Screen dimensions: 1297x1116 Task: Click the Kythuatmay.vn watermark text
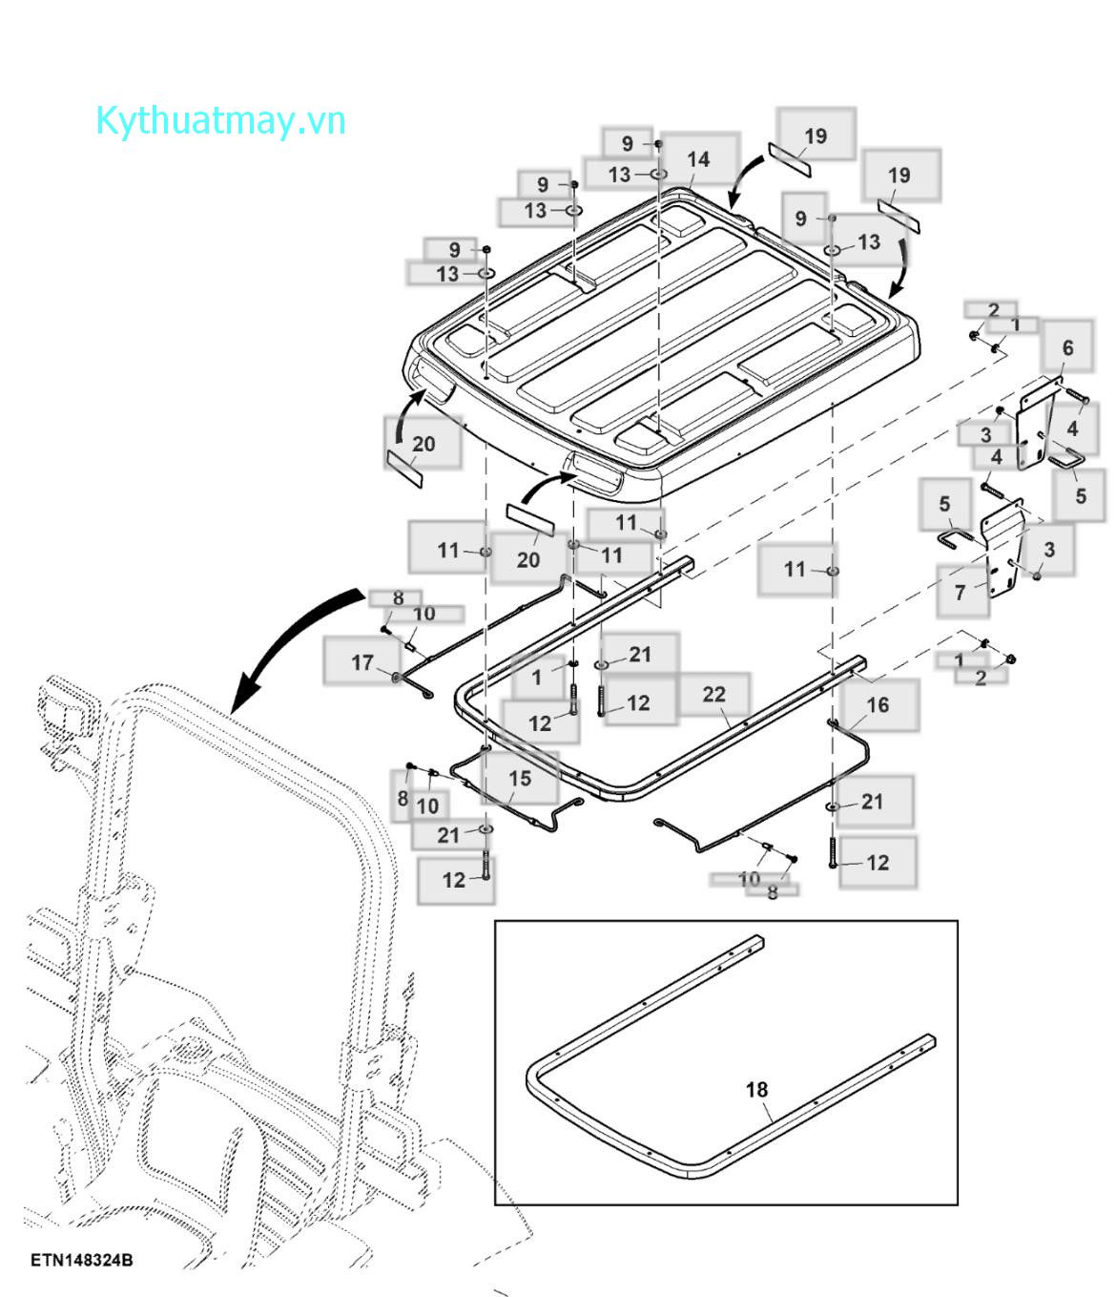pyautogui.click(x=220, y=122)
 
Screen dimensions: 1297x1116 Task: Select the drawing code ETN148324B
pyautogui.click(x=81, y=1260)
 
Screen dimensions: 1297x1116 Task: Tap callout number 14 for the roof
pyautogui.click(x=698, y=159)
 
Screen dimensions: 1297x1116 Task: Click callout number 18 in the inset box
pyautogui.click(x=756, y=1089)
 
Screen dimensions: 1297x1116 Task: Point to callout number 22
pyautogui.click(x=713, y=695)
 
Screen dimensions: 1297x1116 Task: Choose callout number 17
pyautogui.click(x=362, y=662)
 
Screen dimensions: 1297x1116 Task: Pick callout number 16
pyautogui.click(x=878, y=704)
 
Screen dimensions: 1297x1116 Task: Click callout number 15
pyautogui.click(x=519, y=778)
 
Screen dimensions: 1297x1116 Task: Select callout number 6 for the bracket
pyautogui.click(x=1067, y=348)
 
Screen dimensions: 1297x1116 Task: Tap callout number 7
pyautogui.click(x=961, y=593)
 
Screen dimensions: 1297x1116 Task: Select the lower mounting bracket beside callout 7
pyautogui.click(x=1002, y=554)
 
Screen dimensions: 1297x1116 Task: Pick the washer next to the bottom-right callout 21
pyautogui.click(x=834, y=807)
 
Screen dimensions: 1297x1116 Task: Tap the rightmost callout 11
pyautogui.click(x=795, y=570)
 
